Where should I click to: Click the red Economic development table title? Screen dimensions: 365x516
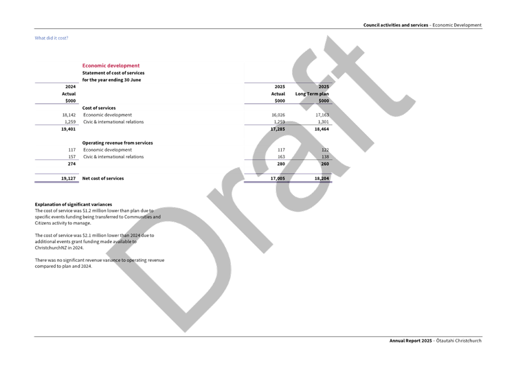point(111,66)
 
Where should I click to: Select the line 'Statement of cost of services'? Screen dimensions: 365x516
point(113,73)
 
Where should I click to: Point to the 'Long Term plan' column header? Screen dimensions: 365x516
point(312,94)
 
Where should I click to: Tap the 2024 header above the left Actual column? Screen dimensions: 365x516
point(70,87)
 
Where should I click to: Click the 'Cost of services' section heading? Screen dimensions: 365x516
point(99,108)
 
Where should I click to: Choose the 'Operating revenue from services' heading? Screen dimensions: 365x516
point(117,143)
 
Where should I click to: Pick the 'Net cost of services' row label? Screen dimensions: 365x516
point(103,178)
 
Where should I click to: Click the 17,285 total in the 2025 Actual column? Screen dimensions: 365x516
point(277,129)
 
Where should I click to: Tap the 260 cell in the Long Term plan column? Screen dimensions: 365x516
point(324,164)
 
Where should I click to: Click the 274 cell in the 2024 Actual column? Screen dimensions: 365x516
point(71,164)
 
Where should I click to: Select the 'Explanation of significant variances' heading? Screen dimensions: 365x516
point(73,204)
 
